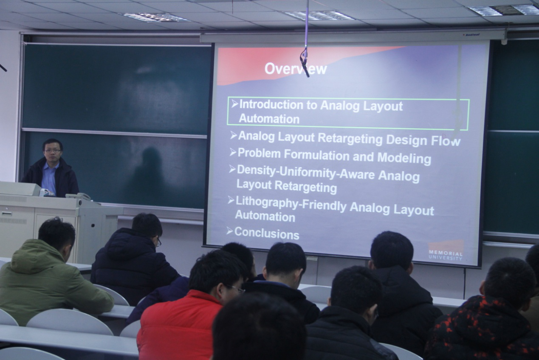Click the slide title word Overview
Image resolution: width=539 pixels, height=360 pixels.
296,68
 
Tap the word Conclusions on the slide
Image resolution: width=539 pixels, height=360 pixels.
267,233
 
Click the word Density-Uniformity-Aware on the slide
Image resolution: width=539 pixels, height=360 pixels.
305,172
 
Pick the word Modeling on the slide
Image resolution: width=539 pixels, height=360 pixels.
404,158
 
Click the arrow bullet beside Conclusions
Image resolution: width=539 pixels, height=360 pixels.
229,231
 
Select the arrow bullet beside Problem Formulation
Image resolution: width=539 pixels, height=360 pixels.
233,152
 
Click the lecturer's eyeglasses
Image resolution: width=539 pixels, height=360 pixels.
53,151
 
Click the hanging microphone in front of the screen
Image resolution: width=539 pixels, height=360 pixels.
305,63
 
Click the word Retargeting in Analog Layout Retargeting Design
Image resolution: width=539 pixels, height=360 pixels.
350,139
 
